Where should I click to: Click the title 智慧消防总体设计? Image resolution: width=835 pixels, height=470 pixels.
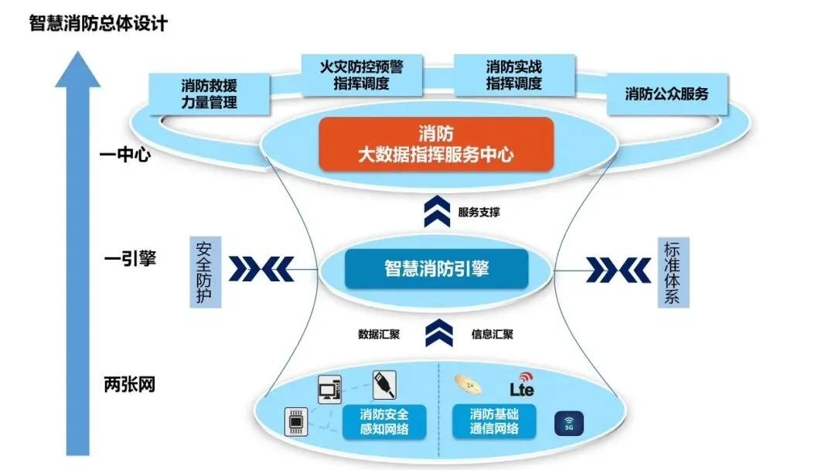pyautogui.click(x=98, y=23)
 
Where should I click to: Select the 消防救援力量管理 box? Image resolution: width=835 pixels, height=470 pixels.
pyautogui.click(x=209, y=93)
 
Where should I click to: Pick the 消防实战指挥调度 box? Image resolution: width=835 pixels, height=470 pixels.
pyautogui.click(x=514, y=75)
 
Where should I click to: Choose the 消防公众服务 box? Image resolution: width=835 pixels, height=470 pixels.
pyautogui.click(x=666, y=94)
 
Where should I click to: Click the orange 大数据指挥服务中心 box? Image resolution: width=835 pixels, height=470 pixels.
pyautogui.click(x=436, y=143)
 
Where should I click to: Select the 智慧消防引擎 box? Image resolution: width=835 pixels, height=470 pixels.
pyautogui.click(x=436, y=268)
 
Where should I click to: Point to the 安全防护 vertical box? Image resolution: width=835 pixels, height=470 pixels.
pyautogui.click(x=205, y=272)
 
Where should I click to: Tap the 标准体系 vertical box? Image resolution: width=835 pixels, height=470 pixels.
pyautogui.click(x=672, y=272)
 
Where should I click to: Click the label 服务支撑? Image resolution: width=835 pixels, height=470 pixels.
pyautogui.click(x=479, y=212)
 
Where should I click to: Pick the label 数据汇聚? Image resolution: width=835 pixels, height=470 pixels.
pyautogui.click(x=378, y=335)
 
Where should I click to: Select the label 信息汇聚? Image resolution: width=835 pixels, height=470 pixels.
pyautogui.click(x=492, y=335)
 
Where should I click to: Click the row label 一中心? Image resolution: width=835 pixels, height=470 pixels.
pyautogui.click(x=124, y=155)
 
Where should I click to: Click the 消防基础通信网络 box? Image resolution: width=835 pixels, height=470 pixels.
pyautogui.click(x=495, y=421)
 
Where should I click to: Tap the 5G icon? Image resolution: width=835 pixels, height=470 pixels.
pyautogui.click(x=570, y=424)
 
